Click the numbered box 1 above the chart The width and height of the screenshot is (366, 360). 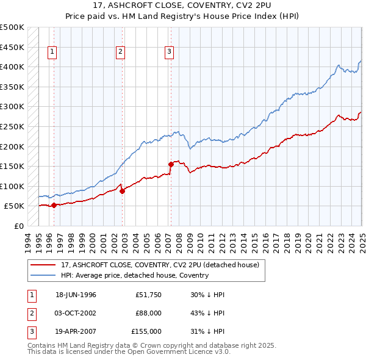(x=53, y=52)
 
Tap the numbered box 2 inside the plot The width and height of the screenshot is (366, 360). (x=121, y=52)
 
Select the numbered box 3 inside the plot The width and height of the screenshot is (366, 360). (x=168, y=52)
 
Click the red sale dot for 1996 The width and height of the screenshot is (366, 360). (x=54, y=205)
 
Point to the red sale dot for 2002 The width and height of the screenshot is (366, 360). (x=123, y=191)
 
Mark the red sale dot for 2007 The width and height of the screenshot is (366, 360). (x=171, y=164)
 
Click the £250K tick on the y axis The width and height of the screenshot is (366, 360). (x=12, y=126)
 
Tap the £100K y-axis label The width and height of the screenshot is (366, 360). (x=12, y=186)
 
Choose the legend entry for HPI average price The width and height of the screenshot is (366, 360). (x=135, y=275)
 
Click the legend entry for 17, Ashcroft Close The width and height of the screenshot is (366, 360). (x=160, y=265)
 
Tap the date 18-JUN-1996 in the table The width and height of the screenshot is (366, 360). (x=76, y=295)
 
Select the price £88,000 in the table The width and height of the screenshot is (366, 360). (x=149, y=313)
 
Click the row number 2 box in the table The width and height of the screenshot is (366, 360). (x=30, y=313)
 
